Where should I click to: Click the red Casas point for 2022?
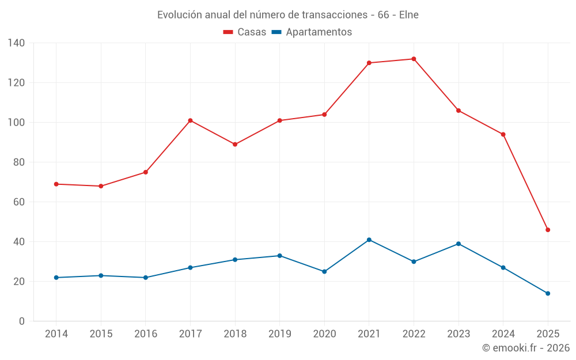point(414,59)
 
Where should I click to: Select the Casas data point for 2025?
point(548,230)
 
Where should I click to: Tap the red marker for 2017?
point(190,120)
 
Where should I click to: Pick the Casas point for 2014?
point(56,184)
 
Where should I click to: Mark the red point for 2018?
point(235,145)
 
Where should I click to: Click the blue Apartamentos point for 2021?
point(369,240)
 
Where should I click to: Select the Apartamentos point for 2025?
point(548,293)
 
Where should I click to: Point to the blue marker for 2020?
point(324,271)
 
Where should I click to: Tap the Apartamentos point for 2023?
point(458,244)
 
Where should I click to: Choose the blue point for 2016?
point(145,278)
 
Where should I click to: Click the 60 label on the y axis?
point(19,202)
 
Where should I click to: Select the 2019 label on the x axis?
point(279,334)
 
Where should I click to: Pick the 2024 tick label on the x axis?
point(503,334)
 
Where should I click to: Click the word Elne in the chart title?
point(408,15)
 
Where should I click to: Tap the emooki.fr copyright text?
point(526,348)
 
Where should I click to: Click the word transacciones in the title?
point(332,15)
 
